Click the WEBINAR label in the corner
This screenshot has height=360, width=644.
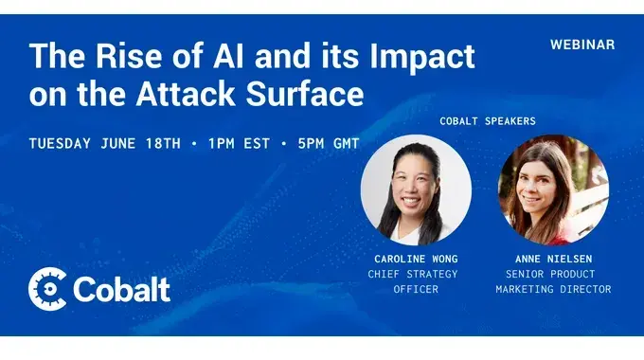581,45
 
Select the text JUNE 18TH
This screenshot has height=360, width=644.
150,144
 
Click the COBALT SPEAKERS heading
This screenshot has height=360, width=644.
487,121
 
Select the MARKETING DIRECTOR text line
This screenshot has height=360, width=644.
553,289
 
